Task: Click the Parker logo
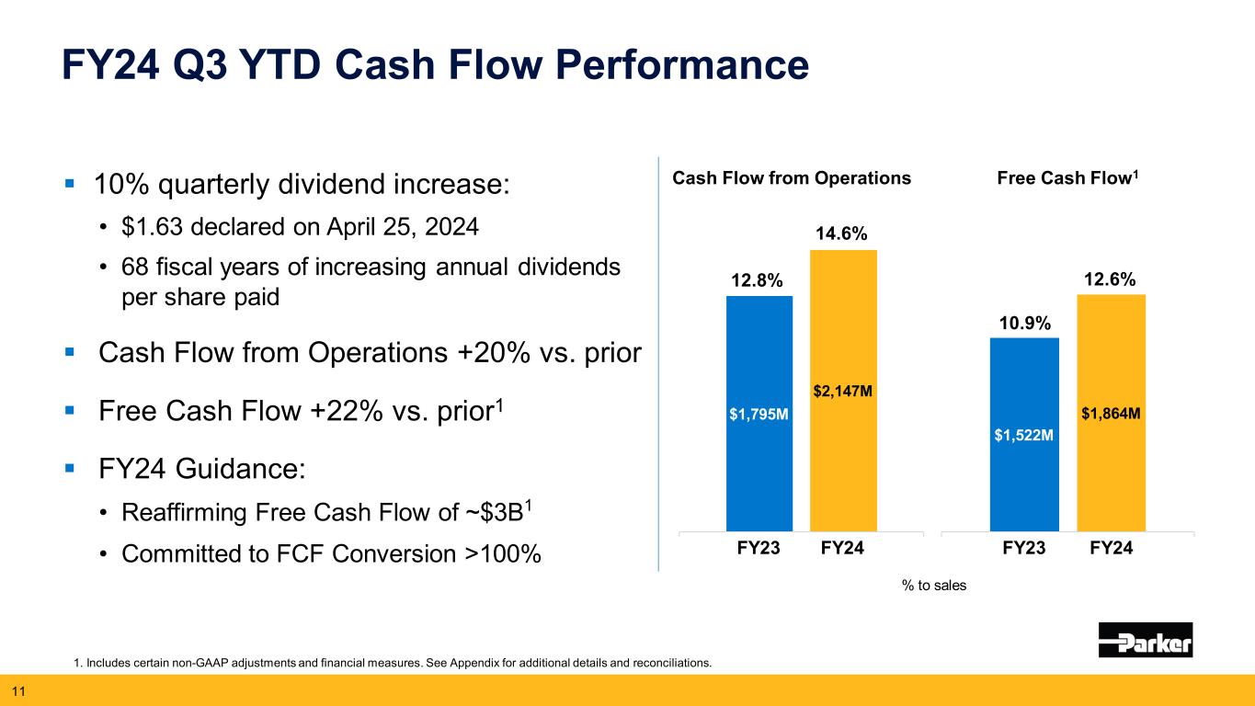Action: coord(1145,640)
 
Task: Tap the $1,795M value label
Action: coord(759,415)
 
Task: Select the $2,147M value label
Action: coord(842,392)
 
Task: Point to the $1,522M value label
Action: coord(1023,435)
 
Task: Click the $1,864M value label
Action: coord(1112,415)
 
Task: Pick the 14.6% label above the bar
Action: coord(842,234)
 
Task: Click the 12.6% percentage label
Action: coord(1110,279)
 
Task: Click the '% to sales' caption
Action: coord(935,585)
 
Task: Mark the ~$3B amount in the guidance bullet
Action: coord(461,513)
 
